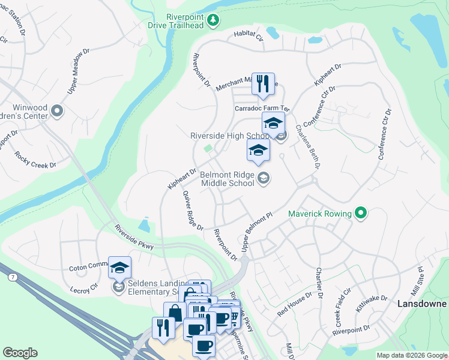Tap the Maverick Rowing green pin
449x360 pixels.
[361, 213]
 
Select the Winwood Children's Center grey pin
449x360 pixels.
[58, 110]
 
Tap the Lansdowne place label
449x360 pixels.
[422, 304]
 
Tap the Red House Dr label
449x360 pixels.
[295, 305]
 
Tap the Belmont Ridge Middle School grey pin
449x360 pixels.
[263, 177]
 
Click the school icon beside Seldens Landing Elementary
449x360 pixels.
[119, 267]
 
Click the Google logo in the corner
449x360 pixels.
[20, 353]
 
